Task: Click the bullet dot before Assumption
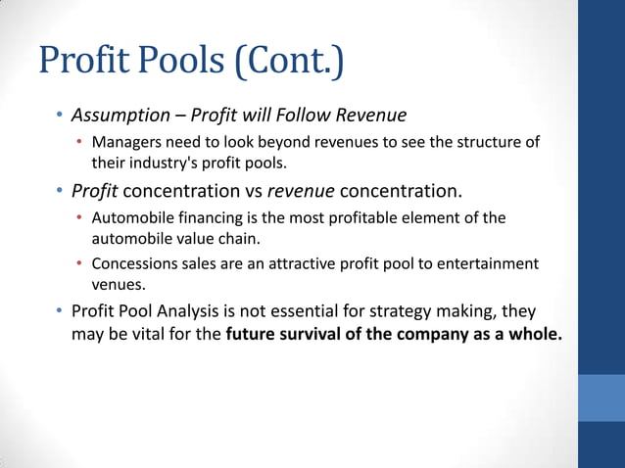pyautogui.click(x=59, y=117)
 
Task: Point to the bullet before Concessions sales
pyautogui.click(x=80, y=264)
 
